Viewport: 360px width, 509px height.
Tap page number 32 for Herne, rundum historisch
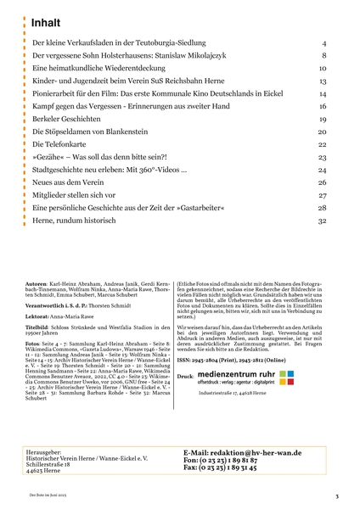coord(322,221)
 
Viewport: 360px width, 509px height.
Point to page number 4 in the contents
coord(324,42)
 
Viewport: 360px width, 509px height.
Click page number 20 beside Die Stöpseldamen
coord(322,131)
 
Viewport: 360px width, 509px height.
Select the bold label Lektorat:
coord(38,315)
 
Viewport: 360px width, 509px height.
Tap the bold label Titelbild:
coord(38,325)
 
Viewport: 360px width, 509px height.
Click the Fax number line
coord(220,467)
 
